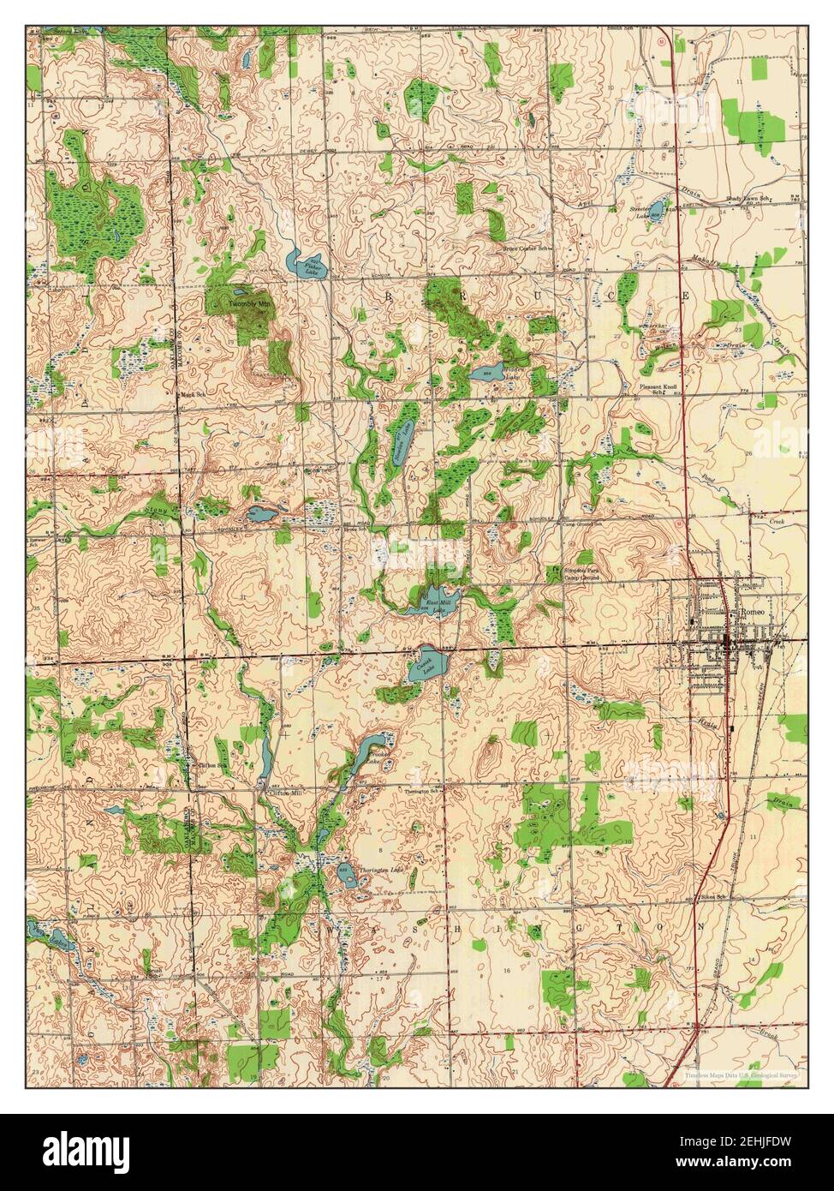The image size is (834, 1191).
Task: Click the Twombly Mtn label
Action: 248,304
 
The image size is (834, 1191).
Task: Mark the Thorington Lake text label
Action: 380,870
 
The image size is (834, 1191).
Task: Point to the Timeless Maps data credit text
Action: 741,1074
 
